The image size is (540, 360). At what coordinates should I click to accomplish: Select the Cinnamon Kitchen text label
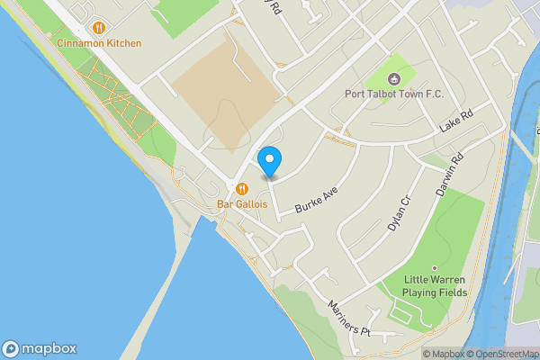tap(98, 43)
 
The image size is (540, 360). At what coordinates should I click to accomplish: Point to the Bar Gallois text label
tap(243, 204)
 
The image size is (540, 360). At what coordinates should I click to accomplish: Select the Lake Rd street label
tap(455, 122)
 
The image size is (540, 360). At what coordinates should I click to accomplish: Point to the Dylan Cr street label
tap(398, 213)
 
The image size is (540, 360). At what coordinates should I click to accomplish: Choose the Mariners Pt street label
tap(349, 316)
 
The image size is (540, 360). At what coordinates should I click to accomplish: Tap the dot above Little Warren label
tap(434, 267)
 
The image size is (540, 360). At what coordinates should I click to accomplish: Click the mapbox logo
tap(39, 348)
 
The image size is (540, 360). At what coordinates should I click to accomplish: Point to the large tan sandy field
tap(225, 90)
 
